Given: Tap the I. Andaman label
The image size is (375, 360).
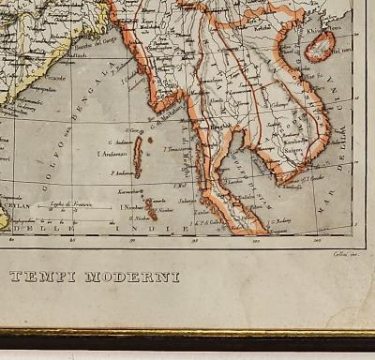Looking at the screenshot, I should click(x=113, y=153).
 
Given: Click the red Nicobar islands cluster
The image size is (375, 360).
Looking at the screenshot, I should click(x=147, y=205).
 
